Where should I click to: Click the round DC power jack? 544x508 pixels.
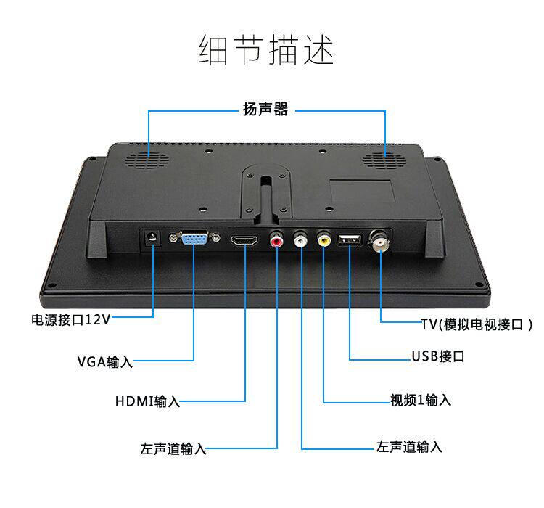[x=152, y=238]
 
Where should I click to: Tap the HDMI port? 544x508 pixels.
[x=244, y=239]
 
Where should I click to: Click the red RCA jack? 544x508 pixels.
[x=276, y=239]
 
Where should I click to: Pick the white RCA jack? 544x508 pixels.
[x=300, y=239]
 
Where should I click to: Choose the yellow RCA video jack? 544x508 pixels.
[x=323, y=239]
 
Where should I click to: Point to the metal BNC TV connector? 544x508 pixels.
[x=380, y=239]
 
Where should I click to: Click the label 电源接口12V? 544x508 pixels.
[x=70, y=319]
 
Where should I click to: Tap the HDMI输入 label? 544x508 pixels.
[x=147, y=401]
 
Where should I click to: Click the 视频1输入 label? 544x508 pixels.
[x=421, y=400]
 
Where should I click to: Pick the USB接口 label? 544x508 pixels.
[x=437, y=357]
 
